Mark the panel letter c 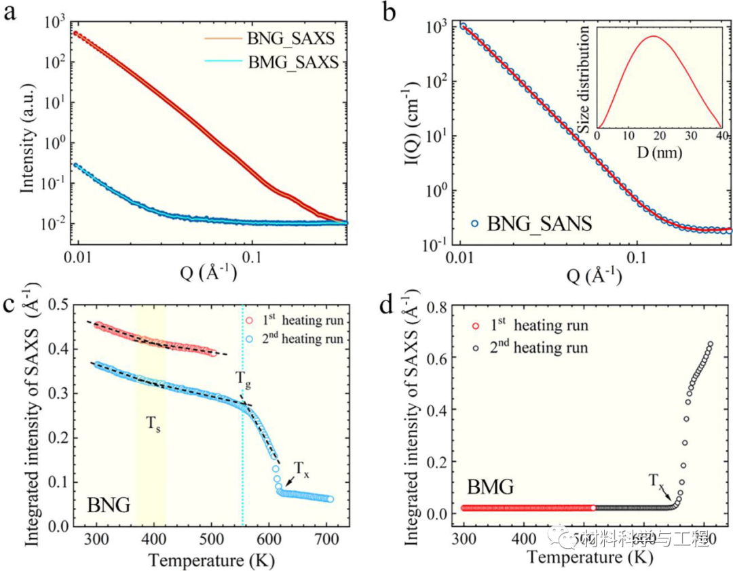tap(11, 305)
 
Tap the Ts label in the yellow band tap(154, 425)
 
